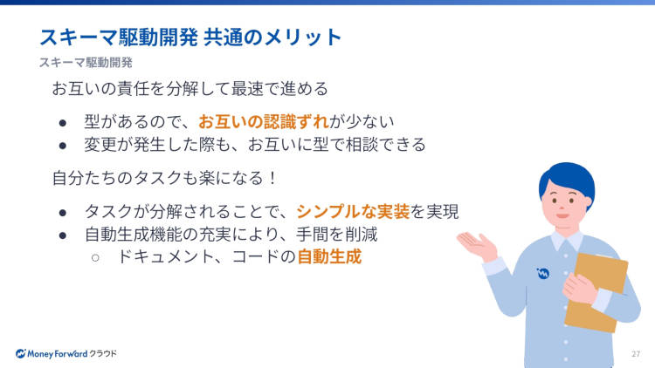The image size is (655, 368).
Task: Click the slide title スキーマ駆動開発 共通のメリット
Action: (x=190, y=37)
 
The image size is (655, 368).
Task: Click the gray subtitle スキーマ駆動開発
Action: (x=86, y=63)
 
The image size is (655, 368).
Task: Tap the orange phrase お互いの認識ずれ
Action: (x=264, y=122)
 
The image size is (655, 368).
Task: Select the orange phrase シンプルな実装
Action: (x=353, y=212)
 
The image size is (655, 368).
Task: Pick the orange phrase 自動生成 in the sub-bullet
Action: (x=329, y=256)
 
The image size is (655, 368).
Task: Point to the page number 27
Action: (x=636, y=354)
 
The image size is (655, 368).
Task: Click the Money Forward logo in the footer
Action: (x=66, y=354)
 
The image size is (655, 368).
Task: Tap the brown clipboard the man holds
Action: (x=597, y=292)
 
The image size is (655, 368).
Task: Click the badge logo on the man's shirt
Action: (x=543, y=274)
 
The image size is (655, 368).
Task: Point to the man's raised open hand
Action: (x=477, y=245)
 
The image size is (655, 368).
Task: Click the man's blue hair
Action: (x=568, y=180)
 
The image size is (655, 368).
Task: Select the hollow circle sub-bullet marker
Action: (x=95, y=258)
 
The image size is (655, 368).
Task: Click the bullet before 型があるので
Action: (x=63, y=123)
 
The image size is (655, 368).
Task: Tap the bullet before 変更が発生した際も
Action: (x=63, y=146)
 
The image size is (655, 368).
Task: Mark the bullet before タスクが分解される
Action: (x=63, y=213)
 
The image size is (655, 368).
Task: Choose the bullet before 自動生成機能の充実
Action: (x=63, y=235)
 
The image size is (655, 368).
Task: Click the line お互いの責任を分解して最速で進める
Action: (x=190, y=88)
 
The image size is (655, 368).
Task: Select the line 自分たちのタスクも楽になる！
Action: (x=164, y=178)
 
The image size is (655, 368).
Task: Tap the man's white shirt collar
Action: (x=566, y=240)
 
